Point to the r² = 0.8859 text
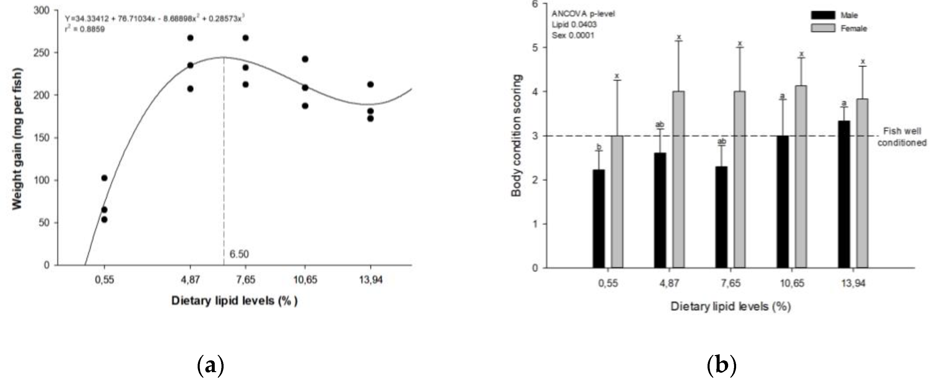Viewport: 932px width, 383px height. (x=85, y=29)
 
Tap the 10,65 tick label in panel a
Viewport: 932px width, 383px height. (x=305, y=280)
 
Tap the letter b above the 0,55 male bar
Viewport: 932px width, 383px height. (x=599, y=147)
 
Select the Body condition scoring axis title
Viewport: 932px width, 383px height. (x=516, y=136)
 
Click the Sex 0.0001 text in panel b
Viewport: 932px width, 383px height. (x=573, y=35)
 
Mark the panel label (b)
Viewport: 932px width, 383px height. (x=721, y=366)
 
